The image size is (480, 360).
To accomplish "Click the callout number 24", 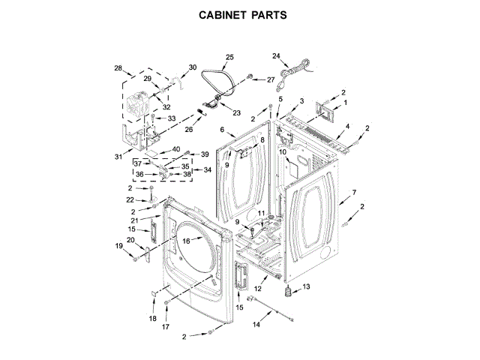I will point(276,56).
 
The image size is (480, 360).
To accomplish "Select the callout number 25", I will point(229,56).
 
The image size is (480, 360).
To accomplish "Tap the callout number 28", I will point(118,68).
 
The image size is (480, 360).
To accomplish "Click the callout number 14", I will point(256,325).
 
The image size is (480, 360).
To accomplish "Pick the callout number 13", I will point(306,286).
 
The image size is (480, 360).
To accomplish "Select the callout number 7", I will point(352,193).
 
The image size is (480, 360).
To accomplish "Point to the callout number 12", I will point(257,289).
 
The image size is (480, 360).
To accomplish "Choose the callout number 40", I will point(176,148).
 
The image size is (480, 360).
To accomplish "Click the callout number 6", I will point(223,130).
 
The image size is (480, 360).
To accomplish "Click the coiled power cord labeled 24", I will point(298,69).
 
